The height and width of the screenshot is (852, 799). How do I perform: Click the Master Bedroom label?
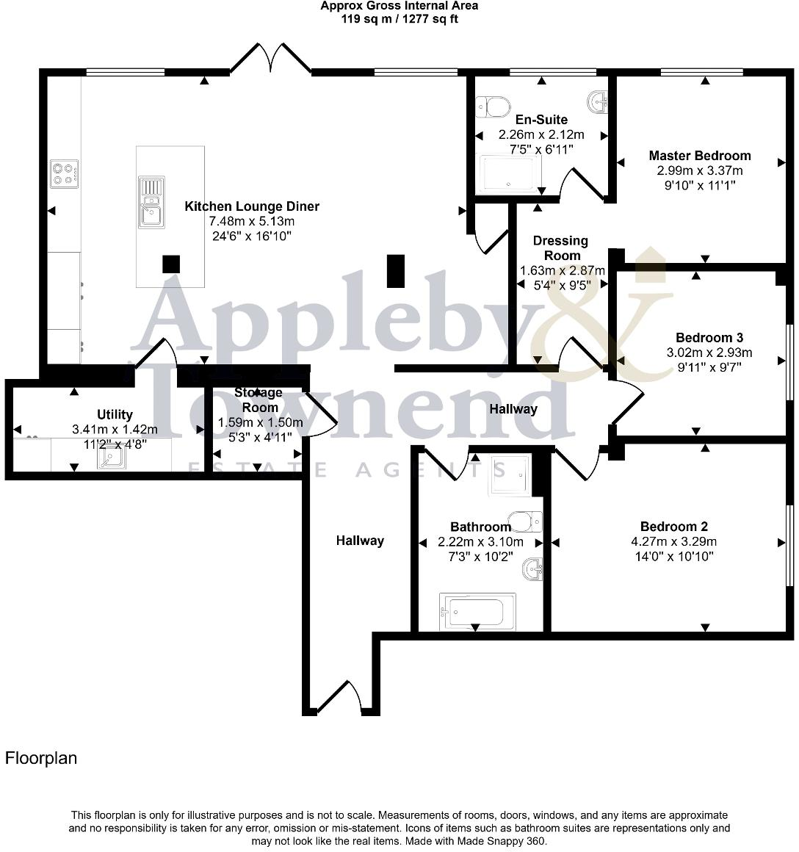pos(700,156)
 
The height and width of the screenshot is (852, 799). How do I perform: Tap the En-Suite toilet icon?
pos(493,107)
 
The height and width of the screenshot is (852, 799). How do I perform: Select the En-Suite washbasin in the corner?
pos(598,101)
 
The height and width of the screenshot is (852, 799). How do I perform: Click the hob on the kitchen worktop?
pos(64,173)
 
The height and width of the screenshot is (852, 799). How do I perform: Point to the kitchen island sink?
pos(151,202)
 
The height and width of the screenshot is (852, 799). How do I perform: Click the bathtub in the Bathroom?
pos(477,611)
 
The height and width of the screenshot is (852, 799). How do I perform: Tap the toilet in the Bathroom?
pos(525,521)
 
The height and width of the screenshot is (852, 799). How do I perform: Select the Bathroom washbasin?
pos(533,569)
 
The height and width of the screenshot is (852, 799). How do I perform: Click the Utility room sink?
pos(112,458)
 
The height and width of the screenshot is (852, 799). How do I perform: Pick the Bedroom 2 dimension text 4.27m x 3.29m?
pos(673,541)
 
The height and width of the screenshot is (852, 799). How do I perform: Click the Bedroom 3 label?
pos(709,337)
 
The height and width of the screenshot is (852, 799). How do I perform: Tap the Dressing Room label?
pos(560,248)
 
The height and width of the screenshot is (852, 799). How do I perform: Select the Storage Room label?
pos(258,400)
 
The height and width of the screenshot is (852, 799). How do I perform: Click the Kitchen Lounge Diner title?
pos(252,206)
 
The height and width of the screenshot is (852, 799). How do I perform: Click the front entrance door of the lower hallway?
pos(340,696)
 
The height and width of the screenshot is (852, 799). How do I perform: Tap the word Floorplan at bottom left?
pos(41,758)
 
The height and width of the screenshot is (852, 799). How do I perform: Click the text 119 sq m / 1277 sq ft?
pos(399,19)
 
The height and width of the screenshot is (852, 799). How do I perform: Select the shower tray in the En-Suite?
pos(508,174)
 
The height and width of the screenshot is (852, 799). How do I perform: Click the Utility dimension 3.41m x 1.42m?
pos(115,429)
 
